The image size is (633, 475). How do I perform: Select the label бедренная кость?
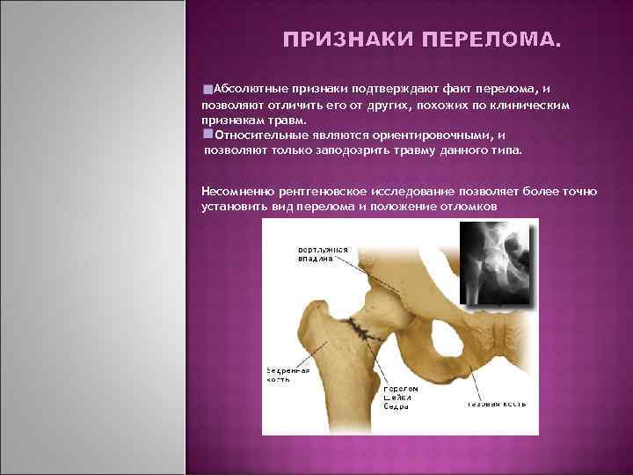click(288, 376)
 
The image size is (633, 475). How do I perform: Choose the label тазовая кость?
click(496, 404)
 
